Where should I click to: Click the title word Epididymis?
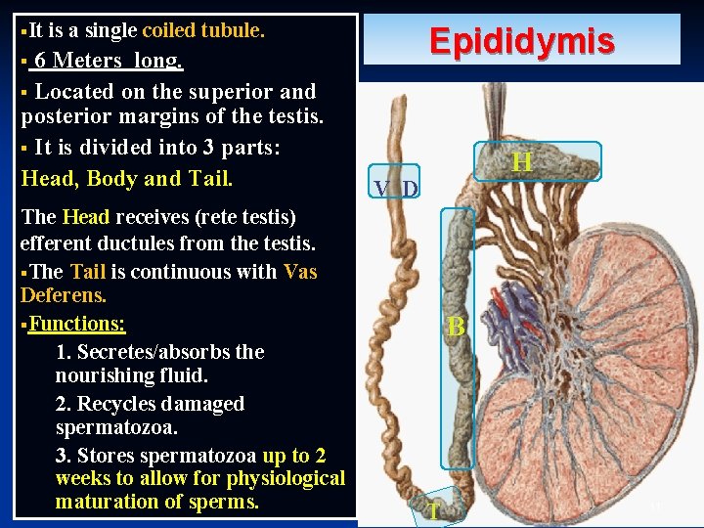tap(521, 42)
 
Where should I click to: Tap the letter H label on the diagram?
tap(521, 162)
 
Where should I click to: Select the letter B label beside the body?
tap(456, 328)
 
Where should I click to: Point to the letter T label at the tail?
tap(432, 511)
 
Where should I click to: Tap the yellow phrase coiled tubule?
tap(203, 30)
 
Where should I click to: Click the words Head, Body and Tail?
tap(127, 179)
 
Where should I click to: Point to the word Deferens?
tap(63, 295)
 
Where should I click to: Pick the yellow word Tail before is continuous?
tap(88, 272)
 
